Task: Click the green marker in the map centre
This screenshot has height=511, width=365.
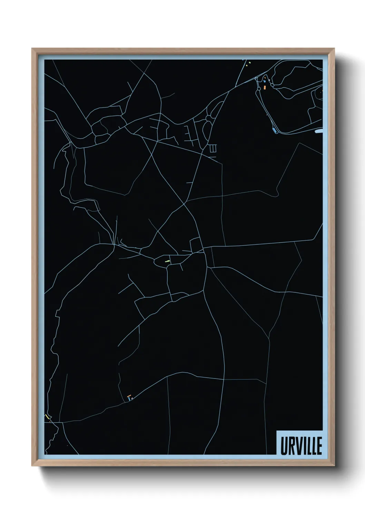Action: coord(167,261)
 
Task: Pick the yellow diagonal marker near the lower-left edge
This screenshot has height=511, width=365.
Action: coord(47,416)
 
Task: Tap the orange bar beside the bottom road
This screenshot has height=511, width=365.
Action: coord(129,396)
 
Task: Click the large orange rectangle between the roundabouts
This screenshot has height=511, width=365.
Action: coord(265,87)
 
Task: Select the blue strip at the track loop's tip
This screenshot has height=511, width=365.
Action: coord(275,131)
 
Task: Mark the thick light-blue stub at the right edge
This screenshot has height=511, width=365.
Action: coord(319,131)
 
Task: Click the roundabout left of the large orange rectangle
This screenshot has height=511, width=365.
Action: coord(259,89)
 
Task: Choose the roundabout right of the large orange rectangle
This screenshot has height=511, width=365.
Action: coord(272,85)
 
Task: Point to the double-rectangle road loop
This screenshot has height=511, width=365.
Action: coord(213,148)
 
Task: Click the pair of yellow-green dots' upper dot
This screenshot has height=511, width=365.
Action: coord(249,62)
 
